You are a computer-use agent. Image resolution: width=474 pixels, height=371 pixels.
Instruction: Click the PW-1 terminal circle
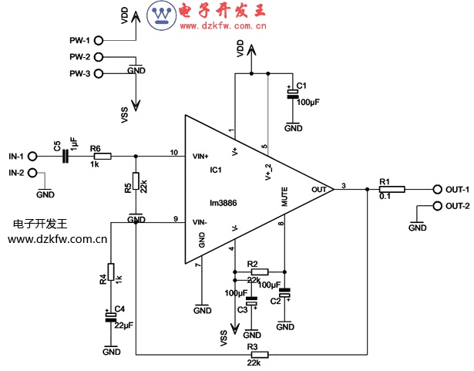click(99, 40)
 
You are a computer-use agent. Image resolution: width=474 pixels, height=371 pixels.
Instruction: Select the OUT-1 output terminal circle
click(438, 190)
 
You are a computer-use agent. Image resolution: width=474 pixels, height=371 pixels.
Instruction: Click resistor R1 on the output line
click(386, 190)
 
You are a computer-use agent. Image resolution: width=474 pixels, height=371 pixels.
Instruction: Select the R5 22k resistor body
click(136, 181)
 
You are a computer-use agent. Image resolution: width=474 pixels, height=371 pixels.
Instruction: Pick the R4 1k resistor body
click(111, 272)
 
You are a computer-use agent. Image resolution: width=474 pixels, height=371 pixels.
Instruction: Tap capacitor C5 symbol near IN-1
click(66, 156)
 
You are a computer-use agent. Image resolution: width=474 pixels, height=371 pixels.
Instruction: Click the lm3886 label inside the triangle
click(222, 204)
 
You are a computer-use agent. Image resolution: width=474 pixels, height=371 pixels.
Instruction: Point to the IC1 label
click(216, 170)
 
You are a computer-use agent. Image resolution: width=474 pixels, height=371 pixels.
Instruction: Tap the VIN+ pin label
click(200, 157)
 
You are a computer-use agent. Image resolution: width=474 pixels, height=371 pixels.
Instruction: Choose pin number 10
click(174, 151)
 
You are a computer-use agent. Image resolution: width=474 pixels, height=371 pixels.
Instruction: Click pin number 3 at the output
click(344, 184)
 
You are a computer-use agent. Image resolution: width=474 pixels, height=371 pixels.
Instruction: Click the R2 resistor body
click(260, 272)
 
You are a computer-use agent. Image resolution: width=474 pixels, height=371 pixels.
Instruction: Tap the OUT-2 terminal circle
click(438, 206)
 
